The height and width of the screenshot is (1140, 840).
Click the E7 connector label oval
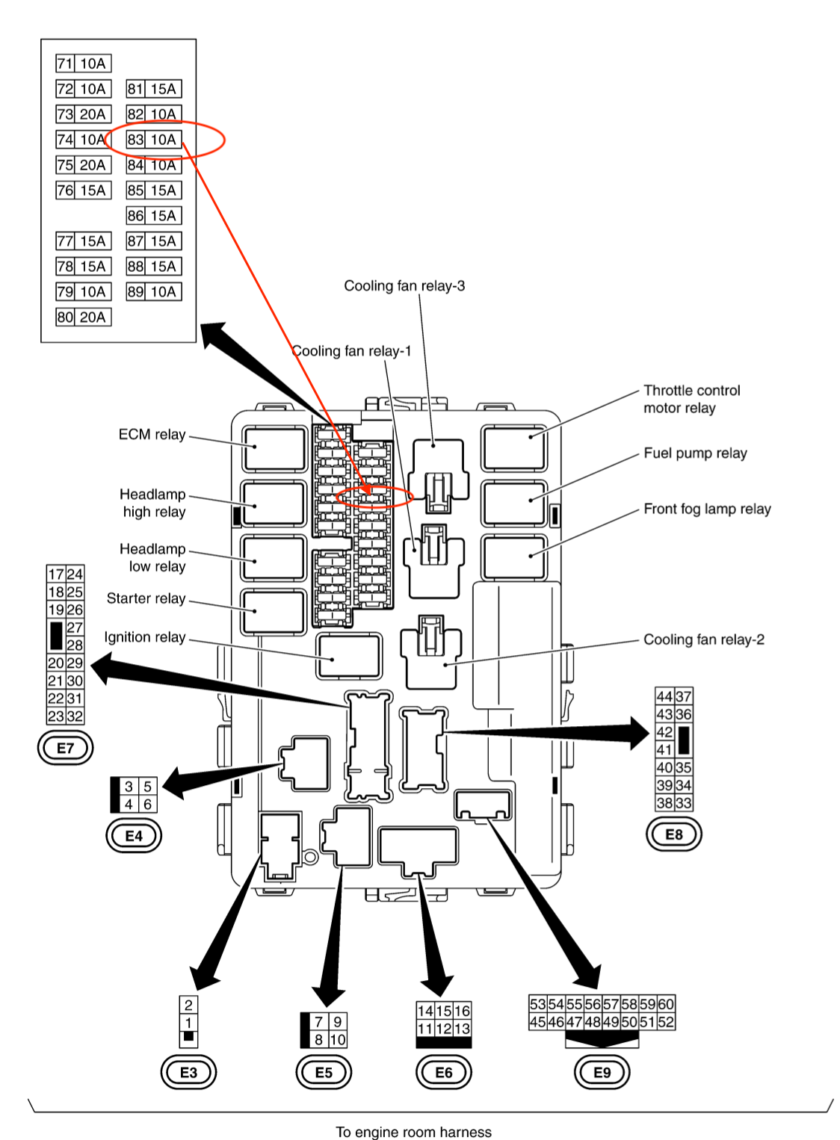(65, 748)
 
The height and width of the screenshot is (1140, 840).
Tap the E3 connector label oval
(188, 1073)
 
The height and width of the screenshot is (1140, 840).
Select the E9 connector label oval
(602, 1073)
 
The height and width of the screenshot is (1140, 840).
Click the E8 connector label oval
(673, 834)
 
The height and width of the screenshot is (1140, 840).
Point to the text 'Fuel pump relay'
(695, 453)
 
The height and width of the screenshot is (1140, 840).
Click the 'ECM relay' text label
(152, 434)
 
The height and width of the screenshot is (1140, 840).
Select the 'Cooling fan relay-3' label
(404, 285)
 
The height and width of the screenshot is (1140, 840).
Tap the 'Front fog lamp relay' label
(707, 509)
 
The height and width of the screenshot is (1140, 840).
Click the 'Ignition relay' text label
(144, 637)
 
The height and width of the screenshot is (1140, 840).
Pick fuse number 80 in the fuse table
(65, 317)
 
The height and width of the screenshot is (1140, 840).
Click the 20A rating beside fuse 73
(93, 114)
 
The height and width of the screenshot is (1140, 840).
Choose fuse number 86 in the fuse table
(135, 216)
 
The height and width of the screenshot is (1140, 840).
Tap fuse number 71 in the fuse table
(65, 63)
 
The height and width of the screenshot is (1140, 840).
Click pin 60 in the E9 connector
(666, 1004)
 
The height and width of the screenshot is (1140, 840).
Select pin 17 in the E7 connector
(56, 574)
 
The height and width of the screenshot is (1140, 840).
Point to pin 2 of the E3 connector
(188, 1005)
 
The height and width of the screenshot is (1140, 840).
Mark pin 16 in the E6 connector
(462, 1011)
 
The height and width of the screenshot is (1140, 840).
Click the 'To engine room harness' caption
(413, 1132)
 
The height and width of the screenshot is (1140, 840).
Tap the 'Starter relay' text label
(146, 598)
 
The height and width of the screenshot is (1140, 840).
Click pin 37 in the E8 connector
(683, 696)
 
